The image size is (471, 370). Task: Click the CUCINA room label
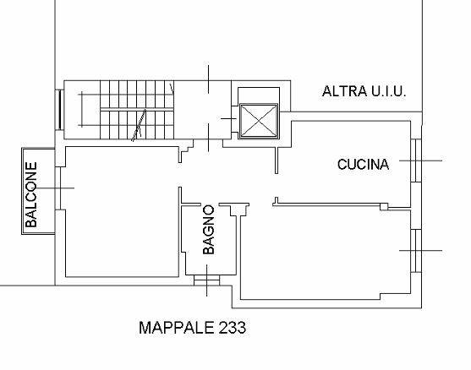363,165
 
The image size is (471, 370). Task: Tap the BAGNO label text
209,230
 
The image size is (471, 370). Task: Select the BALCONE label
31,194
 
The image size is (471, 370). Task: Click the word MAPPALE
177,328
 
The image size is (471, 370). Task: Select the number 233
233,328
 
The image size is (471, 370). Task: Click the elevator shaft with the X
259,121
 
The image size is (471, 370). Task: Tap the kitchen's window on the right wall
416,161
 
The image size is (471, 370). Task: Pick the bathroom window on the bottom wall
206,280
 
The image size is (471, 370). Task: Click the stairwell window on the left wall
59,110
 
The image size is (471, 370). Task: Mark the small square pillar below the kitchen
384,206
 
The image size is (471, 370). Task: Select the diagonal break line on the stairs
139,125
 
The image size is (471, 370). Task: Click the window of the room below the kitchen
416,251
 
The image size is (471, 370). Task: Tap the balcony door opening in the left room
58,188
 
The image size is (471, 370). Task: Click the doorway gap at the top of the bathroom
210,204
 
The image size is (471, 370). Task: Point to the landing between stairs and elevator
202,110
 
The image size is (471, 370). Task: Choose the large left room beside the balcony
122,211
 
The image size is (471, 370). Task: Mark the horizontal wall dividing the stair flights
137,109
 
